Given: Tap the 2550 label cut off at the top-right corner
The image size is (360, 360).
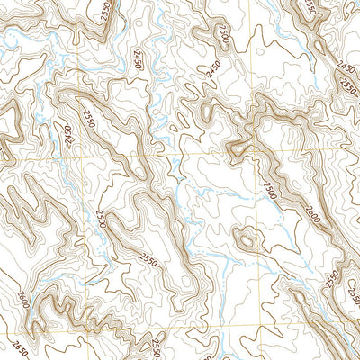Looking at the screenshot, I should [312, 8].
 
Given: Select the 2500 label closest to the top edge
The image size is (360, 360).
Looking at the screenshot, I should [222, 36].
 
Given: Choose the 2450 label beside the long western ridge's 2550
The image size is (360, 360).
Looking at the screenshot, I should [66, 137].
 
